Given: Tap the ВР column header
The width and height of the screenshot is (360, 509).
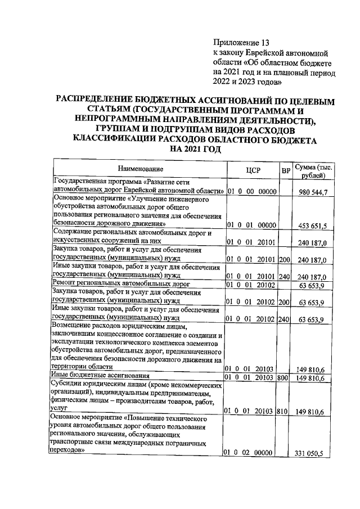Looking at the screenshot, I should point(285,169).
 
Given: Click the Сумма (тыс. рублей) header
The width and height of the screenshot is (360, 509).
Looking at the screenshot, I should point(314,171).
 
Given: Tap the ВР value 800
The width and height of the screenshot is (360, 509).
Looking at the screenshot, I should point(283,378).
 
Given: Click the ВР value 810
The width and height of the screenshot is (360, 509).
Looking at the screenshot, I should point(283,411).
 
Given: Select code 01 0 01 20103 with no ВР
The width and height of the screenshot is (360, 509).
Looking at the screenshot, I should point(252,368).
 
